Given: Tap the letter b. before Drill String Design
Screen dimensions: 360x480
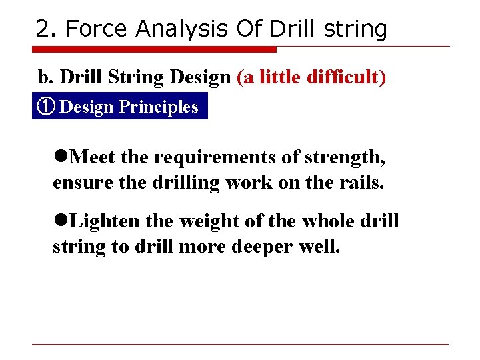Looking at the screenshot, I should [x=45, y=77].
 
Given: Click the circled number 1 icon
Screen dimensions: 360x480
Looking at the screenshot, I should [x=47, y=107].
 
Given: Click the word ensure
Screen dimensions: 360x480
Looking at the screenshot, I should [x=75, y=183].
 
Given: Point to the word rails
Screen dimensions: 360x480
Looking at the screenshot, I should [x=363, y=183].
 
